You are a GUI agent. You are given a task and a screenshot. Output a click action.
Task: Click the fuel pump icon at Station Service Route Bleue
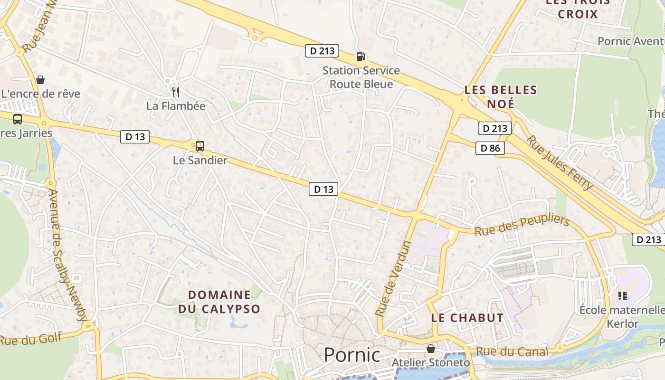tap(361, 57)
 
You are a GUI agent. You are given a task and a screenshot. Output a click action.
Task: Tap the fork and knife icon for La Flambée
tap(176, 92)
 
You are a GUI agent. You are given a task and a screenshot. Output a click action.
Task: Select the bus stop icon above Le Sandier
tap(200, 146)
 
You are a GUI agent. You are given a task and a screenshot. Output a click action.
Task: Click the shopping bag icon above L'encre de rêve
tap(40, 79)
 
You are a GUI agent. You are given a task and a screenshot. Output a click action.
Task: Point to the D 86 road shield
tap(490, 148)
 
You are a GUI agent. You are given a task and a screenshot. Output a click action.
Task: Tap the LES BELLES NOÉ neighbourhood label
tap(501, 96)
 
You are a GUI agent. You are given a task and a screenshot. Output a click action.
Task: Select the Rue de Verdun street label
tap(393, 279)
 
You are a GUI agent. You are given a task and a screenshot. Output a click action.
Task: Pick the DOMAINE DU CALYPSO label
tap(219, 302)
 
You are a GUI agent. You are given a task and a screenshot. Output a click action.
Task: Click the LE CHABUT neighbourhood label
tap(467, 318)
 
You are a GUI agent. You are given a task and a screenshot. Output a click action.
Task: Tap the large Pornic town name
tap(352, 355)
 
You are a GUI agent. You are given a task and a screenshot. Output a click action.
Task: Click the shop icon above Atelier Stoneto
tap(431, 349)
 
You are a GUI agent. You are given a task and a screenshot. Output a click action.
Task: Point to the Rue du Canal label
tap(512, 352)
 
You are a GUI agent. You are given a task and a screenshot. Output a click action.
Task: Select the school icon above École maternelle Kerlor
tap(623, 296)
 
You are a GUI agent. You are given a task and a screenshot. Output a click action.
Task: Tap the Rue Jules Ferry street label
tap(560, 162)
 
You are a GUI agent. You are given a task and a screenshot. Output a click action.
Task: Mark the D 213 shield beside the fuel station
tap(322, 50)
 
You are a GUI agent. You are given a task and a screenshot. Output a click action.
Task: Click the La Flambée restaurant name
tap(176, 106)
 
